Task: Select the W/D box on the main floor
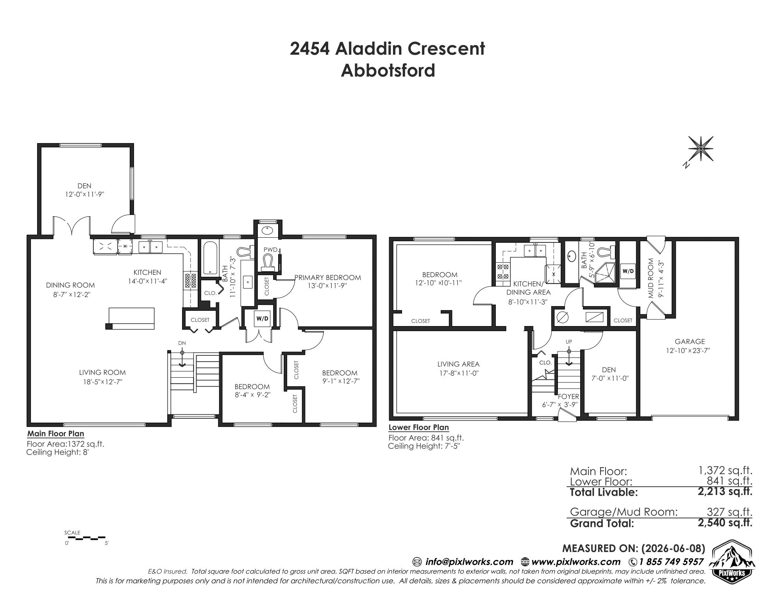(262, 319)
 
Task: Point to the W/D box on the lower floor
(628, 271)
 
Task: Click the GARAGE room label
(690, 341)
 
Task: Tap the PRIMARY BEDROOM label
(327, 278)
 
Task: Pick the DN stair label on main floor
(182, 343)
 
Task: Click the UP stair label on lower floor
(569, 342)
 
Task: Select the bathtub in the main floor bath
(210, 258)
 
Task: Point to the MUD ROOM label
(651, 278)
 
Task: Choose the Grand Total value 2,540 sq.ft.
(725, 522)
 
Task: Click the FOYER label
(568, 396)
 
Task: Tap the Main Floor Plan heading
(55, 434)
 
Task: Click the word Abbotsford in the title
(388, 71)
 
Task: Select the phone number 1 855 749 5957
(671, 562)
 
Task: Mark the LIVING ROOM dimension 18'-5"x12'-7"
(102, 382)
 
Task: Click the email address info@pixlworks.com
(469, 562)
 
